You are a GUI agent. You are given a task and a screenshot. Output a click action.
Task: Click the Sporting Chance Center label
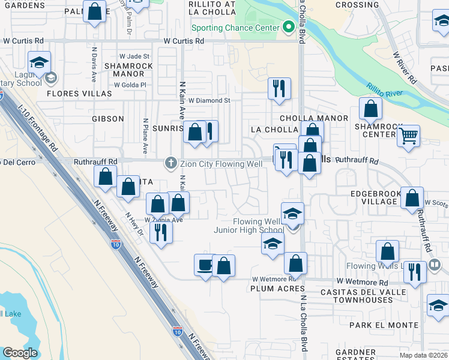click(x=235, y=28)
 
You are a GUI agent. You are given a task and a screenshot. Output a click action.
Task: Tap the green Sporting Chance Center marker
click(x=288, y=27)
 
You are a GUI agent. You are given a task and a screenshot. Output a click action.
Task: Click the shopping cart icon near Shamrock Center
click(x=408, y=136)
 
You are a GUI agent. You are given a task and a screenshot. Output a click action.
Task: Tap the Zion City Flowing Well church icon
click(x=171, y=162)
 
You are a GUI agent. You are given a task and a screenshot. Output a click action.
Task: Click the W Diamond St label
click(x=209, y=101)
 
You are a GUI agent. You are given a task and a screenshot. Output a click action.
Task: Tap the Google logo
click(x=20, y=353)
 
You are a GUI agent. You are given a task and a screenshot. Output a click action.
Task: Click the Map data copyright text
click(x=423, y=355)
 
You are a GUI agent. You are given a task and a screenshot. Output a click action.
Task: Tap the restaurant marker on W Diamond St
click(x=279, y=88)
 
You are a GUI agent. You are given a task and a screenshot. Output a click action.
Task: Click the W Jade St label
click(x=134, y=56)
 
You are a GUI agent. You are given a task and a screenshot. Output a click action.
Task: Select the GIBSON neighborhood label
click(x=108, y=119)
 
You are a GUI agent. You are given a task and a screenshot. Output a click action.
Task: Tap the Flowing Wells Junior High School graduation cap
click(x=292, y=214)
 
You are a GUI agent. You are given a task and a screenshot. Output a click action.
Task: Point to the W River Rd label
click(x=405, y=67)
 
